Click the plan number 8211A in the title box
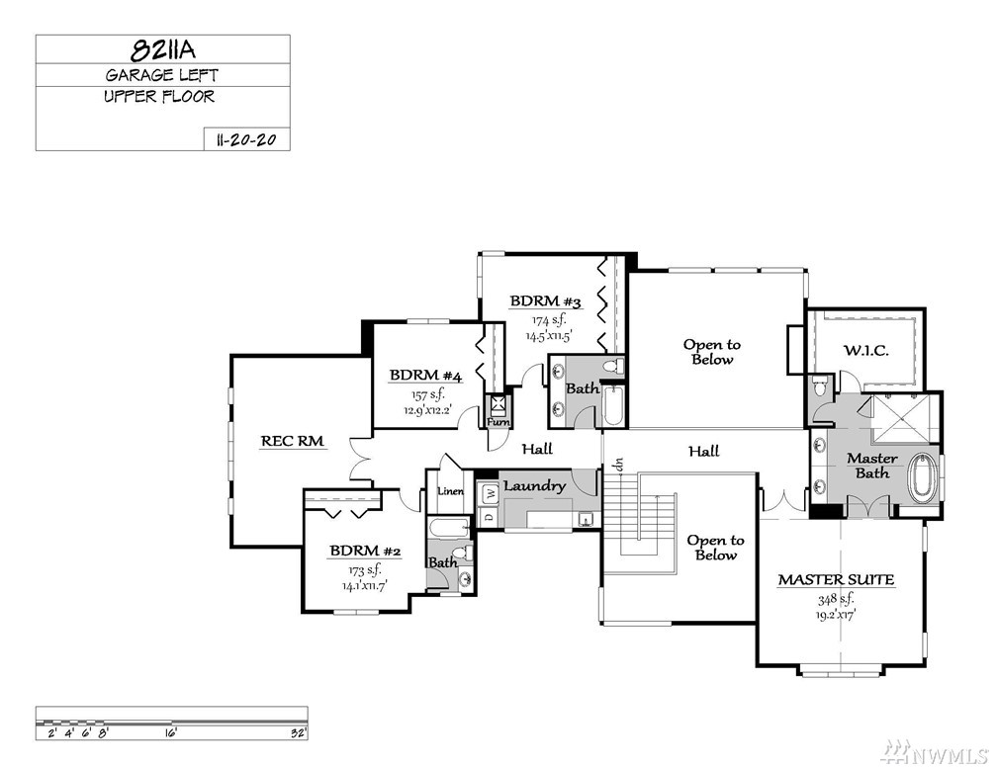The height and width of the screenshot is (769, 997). tap(162, 49)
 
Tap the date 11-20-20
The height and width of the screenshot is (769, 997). tap(246, 139)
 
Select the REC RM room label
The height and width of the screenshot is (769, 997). tap(293, 441)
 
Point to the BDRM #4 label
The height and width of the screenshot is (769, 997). tap(426, 375)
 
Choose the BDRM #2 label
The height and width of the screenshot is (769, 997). tap(365, 551)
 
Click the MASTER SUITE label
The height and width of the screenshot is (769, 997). tap(836, 579)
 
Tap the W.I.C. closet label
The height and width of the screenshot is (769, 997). tap(866, 350)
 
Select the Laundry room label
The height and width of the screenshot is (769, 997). tap(535, 486)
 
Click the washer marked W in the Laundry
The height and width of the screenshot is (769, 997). tap(490, 493)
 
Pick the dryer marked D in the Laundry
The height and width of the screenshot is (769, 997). tap(489, 515)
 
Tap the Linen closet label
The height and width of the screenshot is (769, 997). tap(451, 491)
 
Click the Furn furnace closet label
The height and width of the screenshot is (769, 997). tap(498, 421)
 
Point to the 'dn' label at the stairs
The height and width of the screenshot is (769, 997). tap(620, 464)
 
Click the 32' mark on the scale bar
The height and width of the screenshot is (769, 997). tap(299, 733)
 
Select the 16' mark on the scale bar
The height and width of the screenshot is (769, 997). tap(170, 733)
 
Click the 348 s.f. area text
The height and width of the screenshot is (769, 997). tap(836, 599)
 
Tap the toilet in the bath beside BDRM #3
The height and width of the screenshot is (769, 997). tap(613, 367)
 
